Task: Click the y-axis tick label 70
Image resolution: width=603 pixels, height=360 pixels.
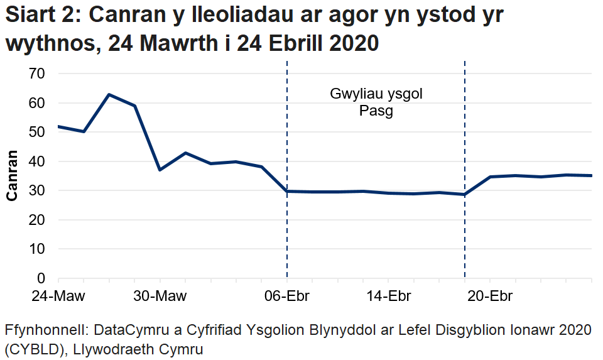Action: [x=38, y=74]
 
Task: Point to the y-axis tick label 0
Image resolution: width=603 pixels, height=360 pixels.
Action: [x=42, y=278]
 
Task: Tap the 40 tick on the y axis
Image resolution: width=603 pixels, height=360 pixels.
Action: [x=38, y=161]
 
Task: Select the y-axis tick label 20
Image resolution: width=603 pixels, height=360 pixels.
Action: [x=38, y=220]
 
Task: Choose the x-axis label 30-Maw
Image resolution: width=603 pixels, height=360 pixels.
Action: [x=160, y=296]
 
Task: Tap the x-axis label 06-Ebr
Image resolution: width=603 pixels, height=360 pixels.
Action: [x=287, y=296]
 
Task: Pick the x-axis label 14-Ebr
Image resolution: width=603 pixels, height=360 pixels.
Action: [x=389, y=296]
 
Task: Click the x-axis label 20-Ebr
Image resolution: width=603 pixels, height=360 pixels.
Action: [x=490, y=296]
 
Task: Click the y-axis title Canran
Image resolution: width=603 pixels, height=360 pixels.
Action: [x=11, y=176]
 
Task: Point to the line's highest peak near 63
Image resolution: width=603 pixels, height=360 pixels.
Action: [x=109, y=95]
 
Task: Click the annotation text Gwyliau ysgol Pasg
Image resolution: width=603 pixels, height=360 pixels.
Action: [x=376, y=103]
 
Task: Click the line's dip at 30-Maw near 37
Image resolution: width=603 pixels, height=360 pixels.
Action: [x=160, y=170]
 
